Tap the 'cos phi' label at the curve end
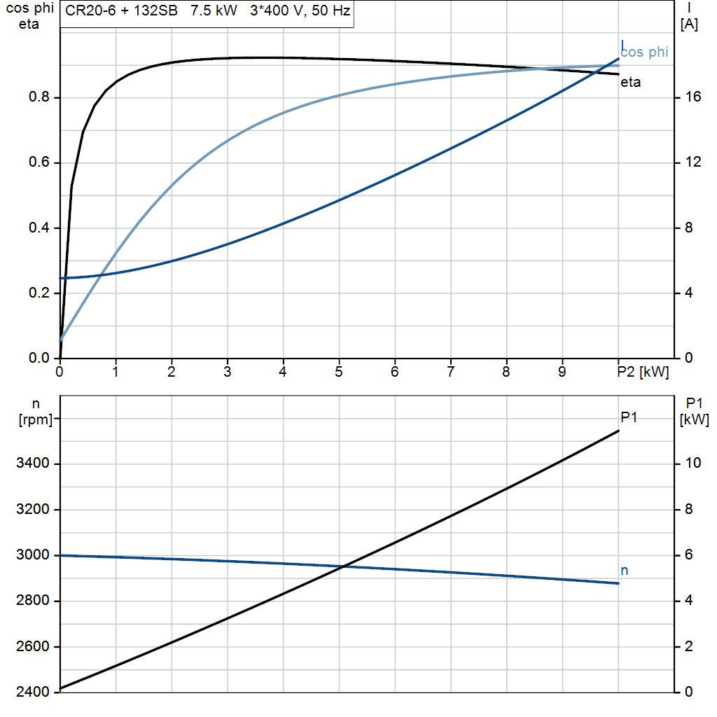click(645, 53)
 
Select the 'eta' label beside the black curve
click(631, 83)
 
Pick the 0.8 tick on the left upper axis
click(39, 97)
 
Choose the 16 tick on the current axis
click(693, 97)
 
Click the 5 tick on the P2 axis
click(339, 372)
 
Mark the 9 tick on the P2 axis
click(562, 372)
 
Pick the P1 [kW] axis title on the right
click(694, 412)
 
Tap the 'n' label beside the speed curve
click(625, 571)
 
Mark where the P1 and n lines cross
click(342, 566)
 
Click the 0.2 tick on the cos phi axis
click(39, 293)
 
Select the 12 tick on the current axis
click(693, 162)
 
